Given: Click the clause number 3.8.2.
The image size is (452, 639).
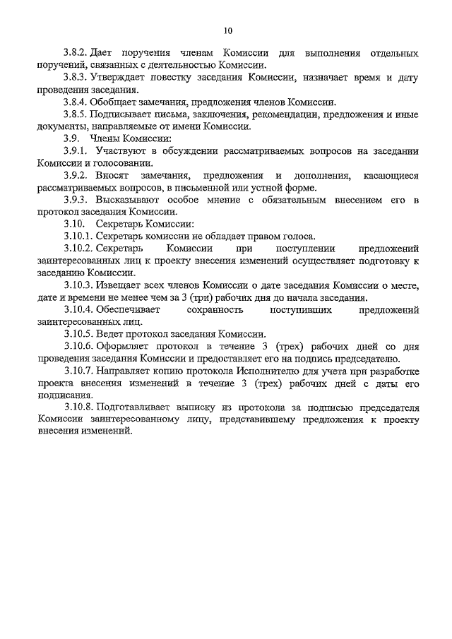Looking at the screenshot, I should [74, 54].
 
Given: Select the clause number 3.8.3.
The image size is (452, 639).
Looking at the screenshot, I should [74, 78].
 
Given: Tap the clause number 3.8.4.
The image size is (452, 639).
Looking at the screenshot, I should [74, 102].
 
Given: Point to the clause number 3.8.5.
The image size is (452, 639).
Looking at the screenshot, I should [74, 115].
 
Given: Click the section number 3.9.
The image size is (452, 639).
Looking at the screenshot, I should [70, 139].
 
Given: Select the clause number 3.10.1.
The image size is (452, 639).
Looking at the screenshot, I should [77, 237].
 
